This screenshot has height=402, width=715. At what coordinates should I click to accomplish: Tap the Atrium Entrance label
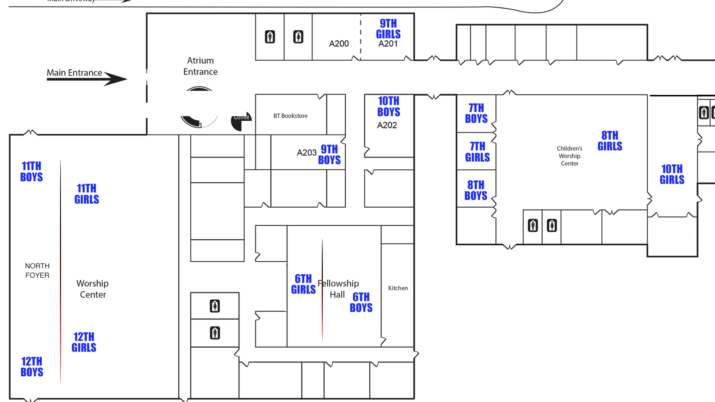pyautogui.click(x=200, y=66)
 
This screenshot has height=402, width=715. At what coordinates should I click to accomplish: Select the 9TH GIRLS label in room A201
pyautogui.click(x=388, y=29)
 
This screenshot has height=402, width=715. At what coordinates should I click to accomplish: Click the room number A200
pyautogui.click(x=339, y=44)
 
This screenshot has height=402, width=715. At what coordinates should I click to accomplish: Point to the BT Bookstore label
pyautogui.click(x=290, y=116)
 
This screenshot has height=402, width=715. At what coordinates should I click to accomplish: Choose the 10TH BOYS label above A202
pyautogui.click(x=388, y=106)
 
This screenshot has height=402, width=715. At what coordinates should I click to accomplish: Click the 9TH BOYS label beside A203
pyautogui.click(x=329, y=154)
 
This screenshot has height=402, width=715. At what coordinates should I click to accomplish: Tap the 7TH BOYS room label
pyautogui.click(x=476, y=113)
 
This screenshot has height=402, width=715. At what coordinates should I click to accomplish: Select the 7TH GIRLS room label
pyautogui.click(x=477, y=152)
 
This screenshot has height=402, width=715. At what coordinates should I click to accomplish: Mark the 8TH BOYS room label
pyautogui.click(x=476, y=190)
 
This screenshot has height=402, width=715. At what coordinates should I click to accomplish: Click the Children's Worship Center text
pyautogui.click(x=569, y=156)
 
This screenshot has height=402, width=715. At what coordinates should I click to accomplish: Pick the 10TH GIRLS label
pyautogui.click(x=672, y=174)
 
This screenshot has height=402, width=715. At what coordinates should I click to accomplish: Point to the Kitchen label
pyautogui.click(x=398, y=288)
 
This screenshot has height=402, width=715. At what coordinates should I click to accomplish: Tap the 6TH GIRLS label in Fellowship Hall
pyautogui.click(x=304, y=284)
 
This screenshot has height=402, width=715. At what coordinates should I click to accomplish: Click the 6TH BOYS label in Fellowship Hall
pyautogui.click(x=361, y=302)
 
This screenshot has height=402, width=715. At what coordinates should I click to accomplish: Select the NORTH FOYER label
pyautogui.click(x=37, y=271)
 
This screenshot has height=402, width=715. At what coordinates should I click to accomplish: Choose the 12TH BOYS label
pyautogui.click(x=32, y=367)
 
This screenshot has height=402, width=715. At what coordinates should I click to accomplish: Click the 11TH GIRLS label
pyautogui.click(x=87, y=194)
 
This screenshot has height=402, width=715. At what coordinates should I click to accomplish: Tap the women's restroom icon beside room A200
pyautogui.click(x=298, y=37)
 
